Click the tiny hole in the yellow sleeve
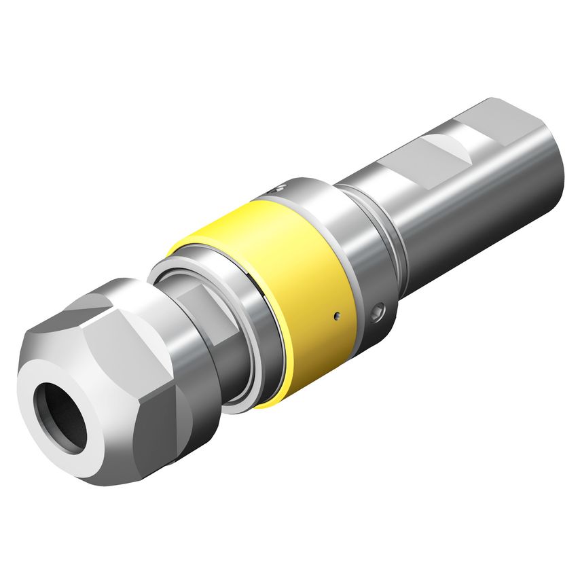click(x=336, y=315)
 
